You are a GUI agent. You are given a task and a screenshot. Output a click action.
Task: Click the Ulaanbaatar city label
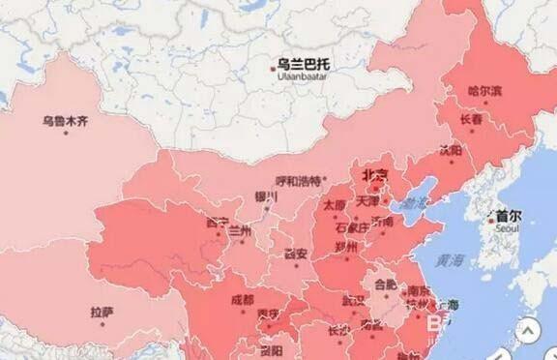pyautogui.click(x=304, y=64)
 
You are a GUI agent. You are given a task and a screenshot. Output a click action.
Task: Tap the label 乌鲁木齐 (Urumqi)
pyautogui.click(x=64, y=121)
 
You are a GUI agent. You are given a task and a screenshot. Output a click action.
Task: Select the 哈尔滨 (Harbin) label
pyautogui.click(x=484, y=91)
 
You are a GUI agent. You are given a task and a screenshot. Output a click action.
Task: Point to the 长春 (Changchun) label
pyautogui.click(x=472, y=119)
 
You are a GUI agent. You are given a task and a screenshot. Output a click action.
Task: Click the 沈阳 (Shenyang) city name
pyautogui.click(x=450, y=150)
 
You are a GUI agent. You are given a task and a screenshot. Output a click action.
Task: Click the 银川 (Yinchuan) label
pyautogui.click(x=266, y=196)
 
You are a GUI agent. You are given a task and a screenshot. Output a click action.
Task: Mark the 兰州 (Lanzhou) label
pyautogui.click(x=239, y=231)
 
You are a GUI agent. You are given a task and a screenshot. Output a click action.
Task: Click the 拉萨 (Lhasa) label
pyautogui.click(x=102, y=312)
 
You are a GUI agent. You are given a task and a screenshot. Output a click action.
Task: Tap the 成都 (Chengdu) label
pyautogui.click(x=243, y=299)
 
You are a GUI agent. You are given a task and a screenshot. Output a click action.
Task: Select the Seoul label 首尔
pyautogui.click(x=508, y=217)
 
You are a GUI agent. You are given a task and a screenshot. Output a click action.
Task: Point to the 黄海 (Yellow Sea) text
pyautogui.click(x=449, y=261)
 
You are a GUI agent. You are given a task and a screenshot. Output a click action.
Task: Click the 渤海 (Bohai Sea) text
pyautogui.click(x=416, y=203)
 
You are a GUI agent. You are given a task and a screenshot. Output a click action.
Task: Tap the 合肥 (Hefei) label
pyautogui.click(x=385, y=285)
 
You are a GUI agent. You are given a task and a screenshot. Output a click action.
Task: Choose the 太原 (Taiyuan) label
pyautogui.click(x=334, y=205)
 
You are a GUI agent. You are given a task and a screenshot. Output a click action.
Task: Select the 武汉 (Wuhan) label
pyautogui.click(x=354, y=300)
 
